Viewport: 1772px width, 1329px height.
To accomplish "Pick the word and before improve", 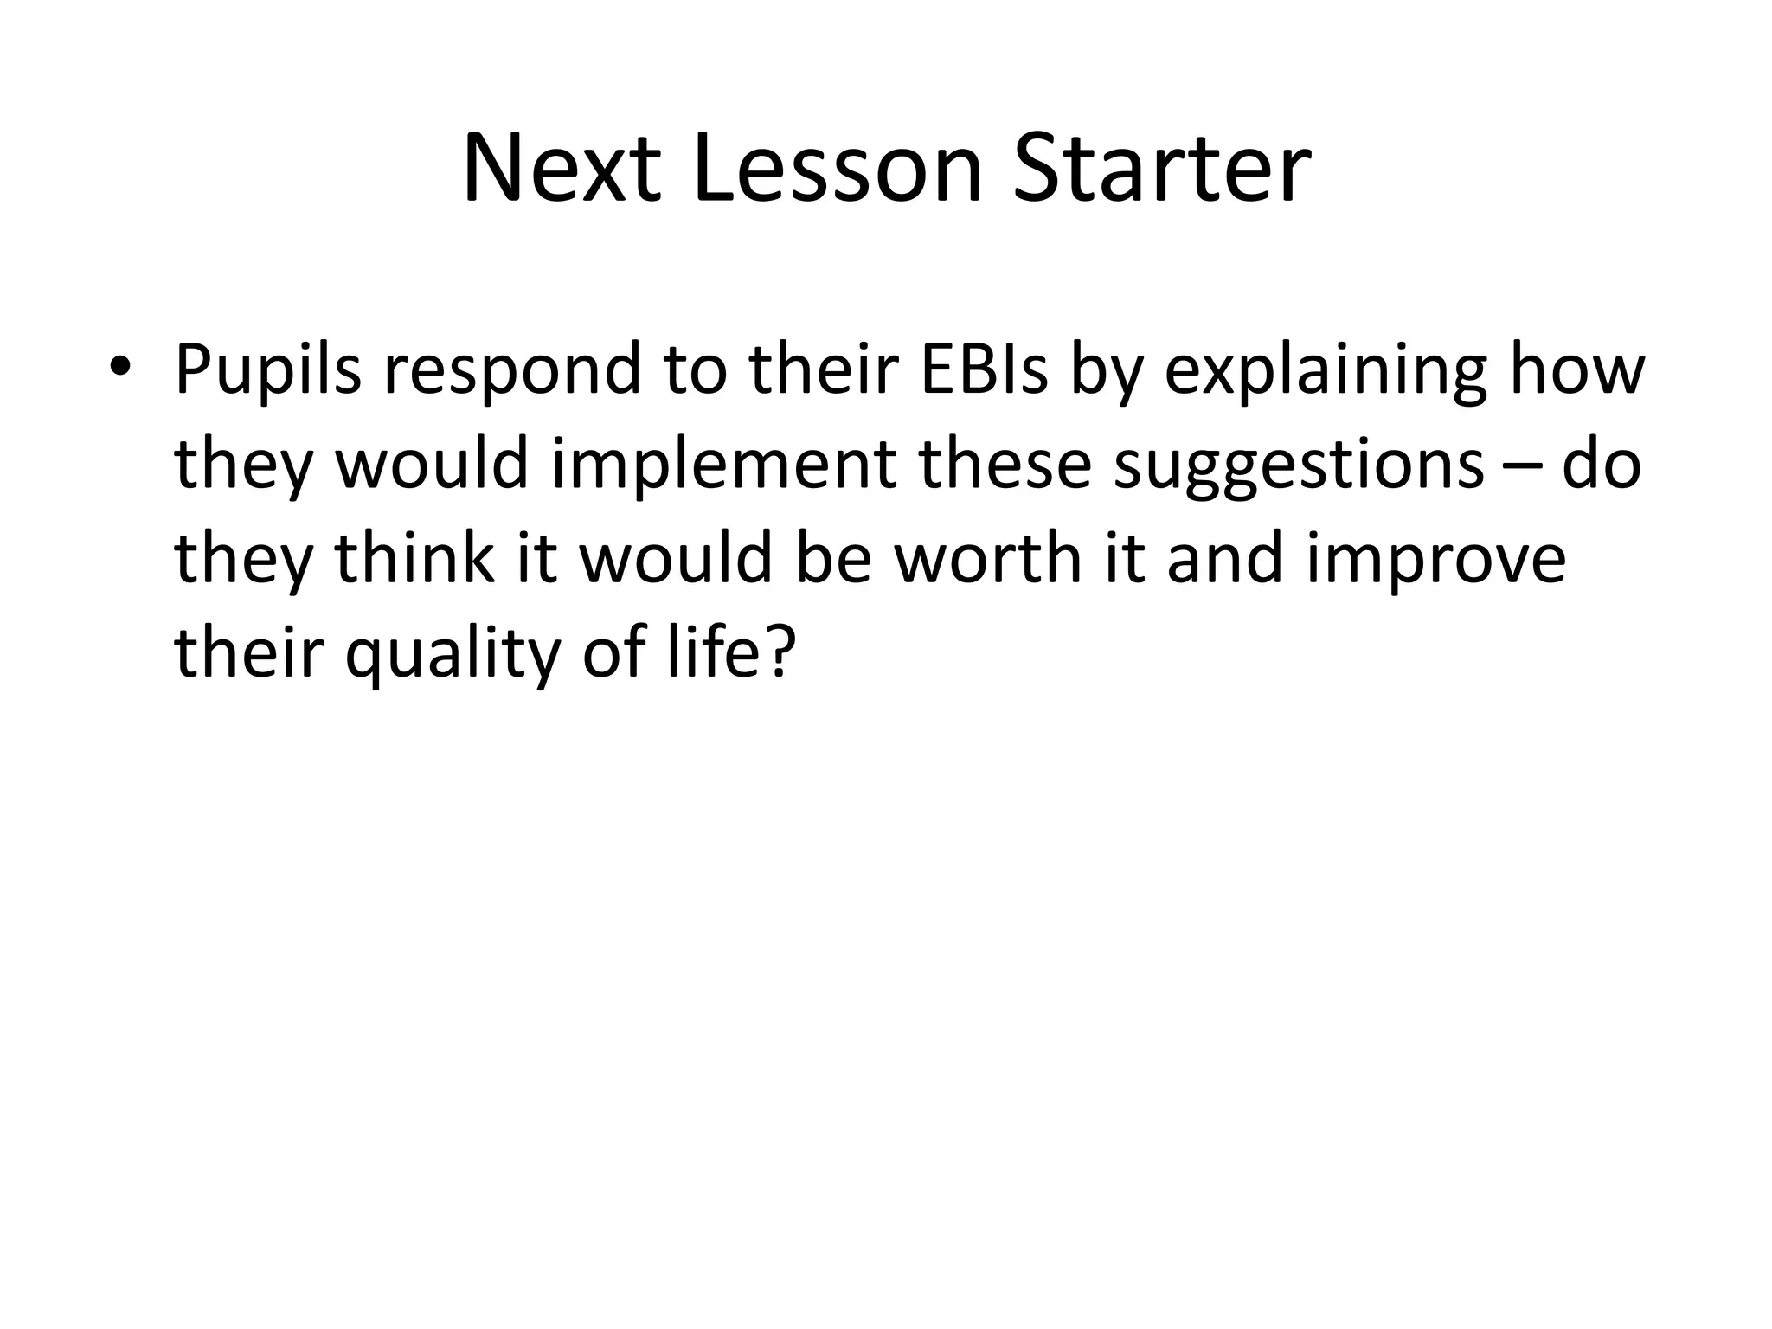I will pyautogui.click(x=1225, y=558).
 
